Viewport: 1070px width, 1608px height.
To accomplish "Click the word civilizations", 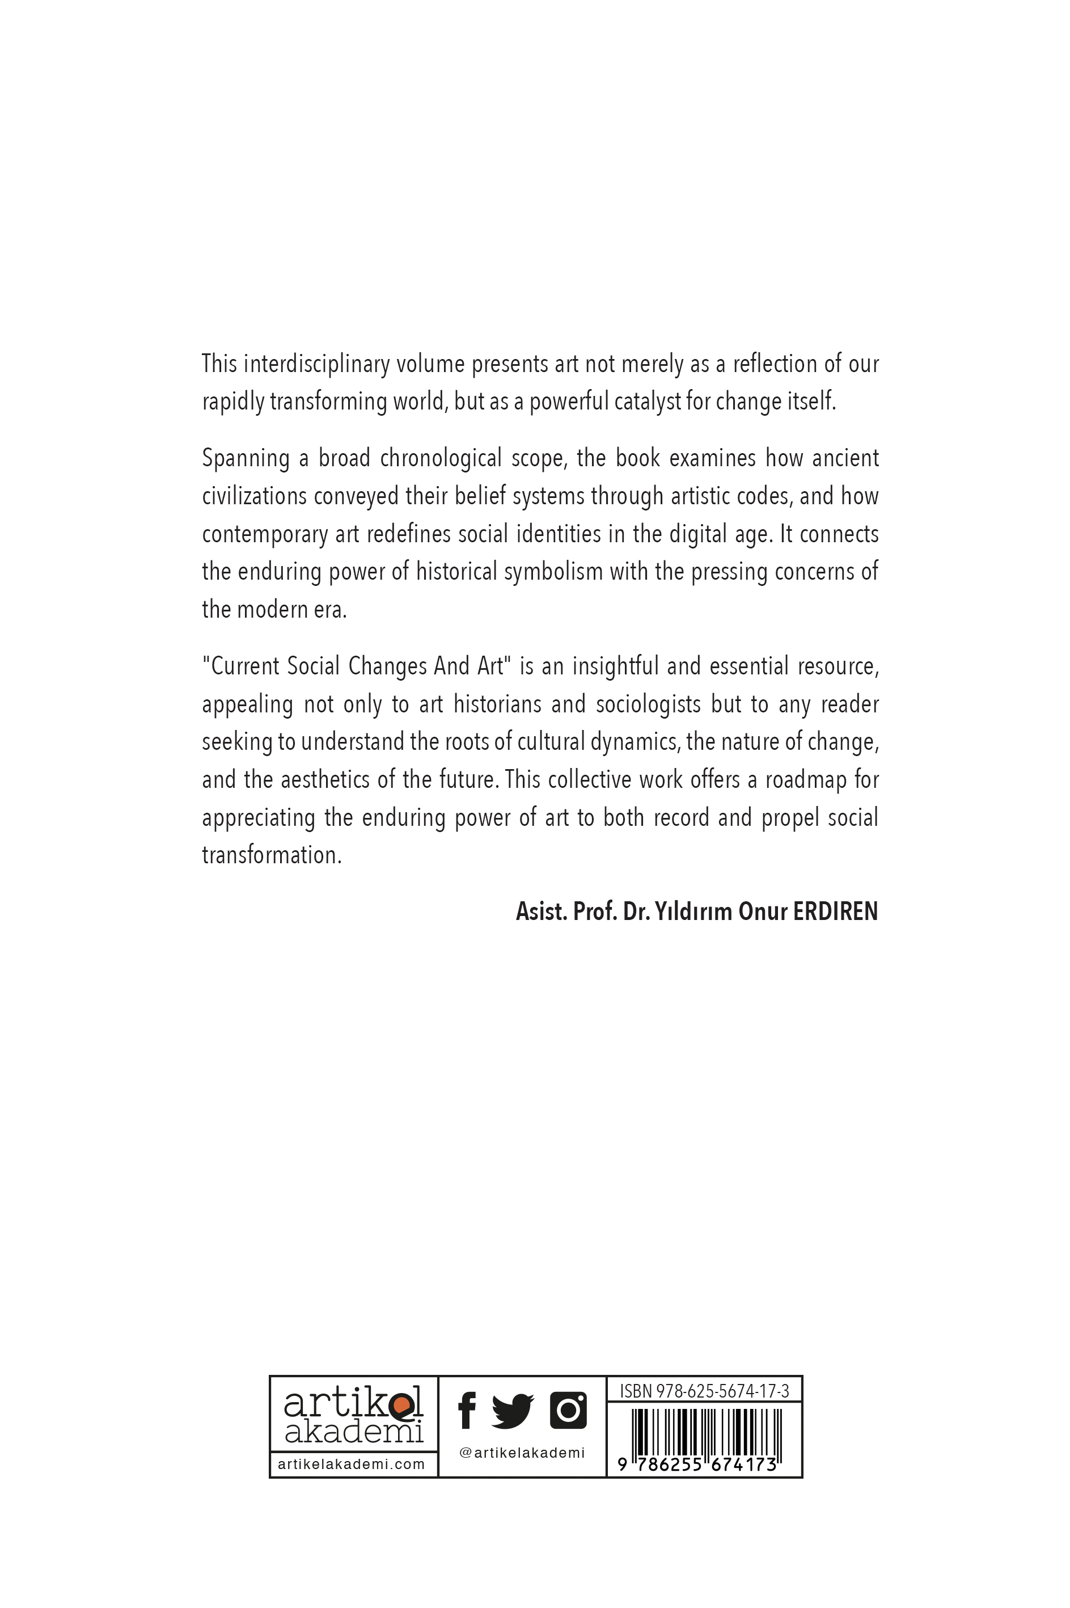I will pyautogui.click(x=254, y=496).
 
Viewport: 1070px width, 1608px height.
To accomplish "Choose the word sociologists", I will pyautogui.click(x=648, y=704).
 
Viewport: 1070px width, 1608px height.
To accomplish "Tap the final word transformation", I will pyautogui.click(x=271, y=855).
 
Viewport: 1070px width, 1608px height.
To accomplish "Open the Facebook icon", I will pyautogui.click(x=467, y=1411).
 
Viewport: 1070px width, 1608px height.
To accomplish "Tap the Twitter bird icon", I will pyautogui.click(x=513, y=1411).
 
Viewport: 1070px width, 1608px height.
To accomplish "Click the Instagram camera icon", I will pyautogui.click(x=568, y=1410).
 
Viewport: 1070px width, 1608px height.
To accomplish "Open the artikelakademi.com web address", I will pyautogui.click(x=352, y=1464).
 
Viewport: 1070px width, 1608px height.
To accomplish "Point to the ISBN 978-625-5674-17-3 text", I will pyautogui.click(x=704, y=1391).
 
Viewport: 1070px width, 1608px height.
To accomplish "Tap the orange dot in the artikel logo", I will pyautogui.click(x=402, y=1404).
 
